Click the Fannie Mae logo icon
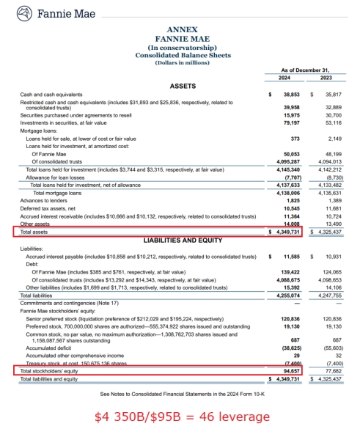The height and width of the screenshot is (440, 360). coord(26,13)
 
